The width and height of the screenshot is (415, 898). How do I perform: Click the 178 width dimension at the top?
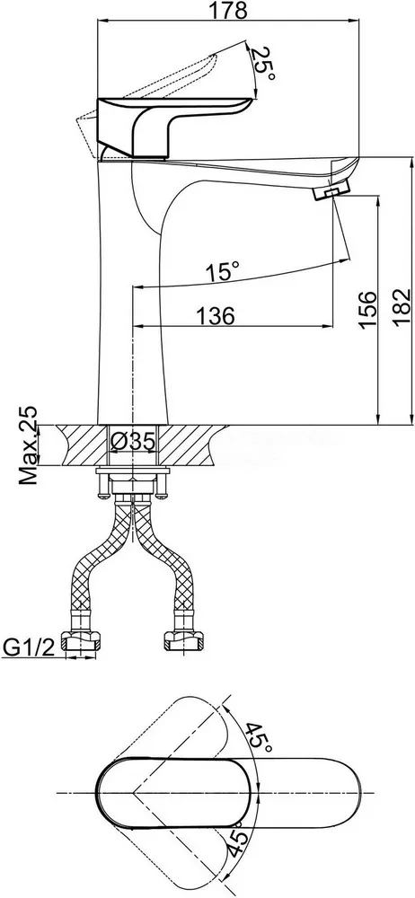point(229,10)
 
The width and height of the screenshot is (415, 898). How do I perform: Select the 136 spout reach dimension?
point(215,315)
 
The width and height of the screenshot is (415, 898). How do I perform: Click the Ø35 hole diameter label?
point(133,441)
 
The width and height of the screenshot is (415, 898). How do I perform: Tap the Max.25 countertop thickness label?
point(28,446)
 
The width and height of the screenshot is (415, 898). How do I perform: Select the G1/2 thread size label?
point(29,647)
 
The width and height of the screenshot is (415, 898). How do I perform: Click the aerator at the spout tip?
point(331,190)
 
